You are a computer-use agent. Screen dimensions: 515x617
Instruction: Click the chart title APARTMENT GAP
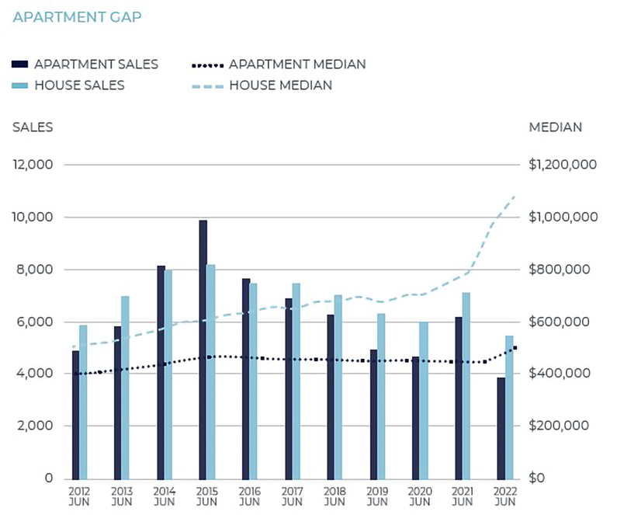(x=77, y=16)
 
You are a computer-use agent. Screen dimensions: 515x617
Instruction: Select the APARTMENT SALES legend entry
(x=85, y=64)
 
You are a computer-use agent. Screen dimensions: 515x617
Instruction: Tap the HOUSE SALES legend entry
(x=69, y=85)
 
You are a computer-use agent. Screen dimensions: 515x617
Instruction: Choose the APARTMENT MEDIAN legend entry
(x=279, y=64)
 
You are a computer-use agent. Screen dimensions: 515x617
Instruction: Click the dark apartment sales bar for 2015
(x=203, y=349)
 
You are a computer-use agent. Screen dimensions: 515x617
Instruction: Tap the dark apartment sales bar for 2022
(x=501, y=428)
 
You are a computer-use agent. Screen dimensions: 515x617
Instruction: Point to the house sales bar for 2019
(x=381, y=395)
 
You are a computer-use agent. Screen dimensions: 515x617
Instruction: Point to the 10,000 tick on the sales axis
(x=31, y=217)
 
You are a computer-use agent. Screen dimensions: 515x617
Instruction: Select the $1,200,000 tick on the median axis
(x=563, y=165)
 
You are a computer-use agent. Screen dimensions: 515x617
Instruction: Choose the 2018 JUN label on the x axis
(x=334, y=496)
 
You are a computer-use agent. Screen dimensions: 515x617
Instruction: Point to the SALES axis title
(x=33, y=127)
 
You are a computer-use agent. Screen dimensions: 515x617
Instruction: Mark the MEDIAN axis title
(x=555, y=127)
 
